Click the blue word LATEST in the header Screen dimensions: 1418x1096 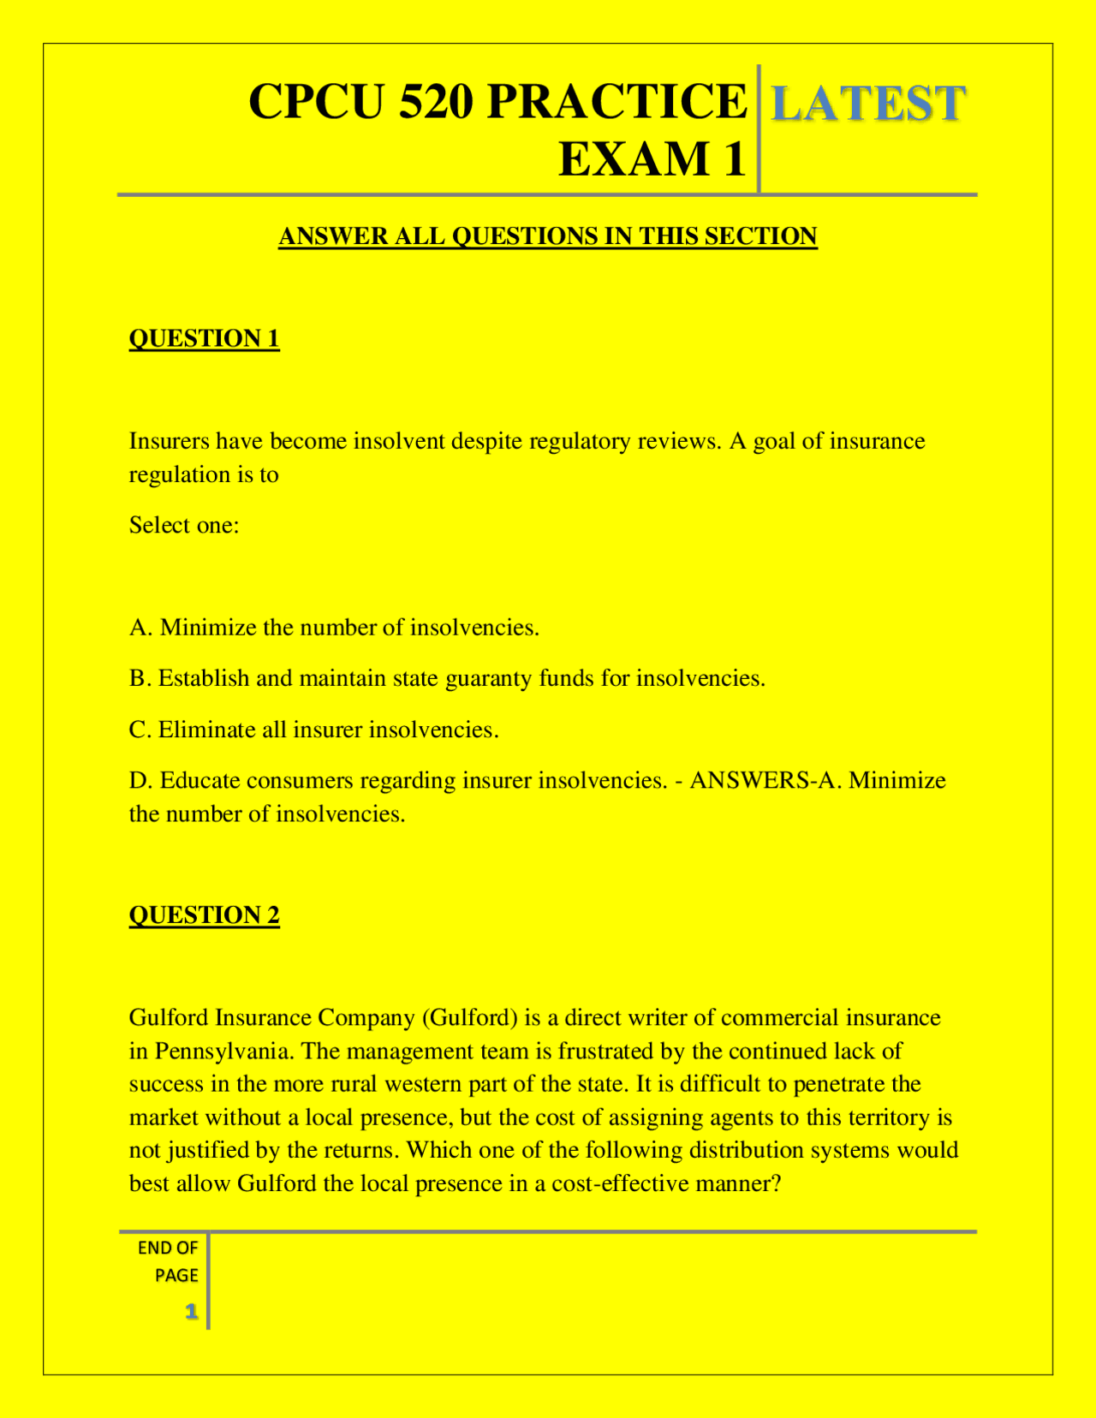[x=868, y=104]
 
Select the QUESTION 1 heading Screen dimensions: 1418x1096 [x=204, y=339]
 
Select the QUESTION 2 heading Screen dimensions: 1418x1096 [x=204, y=915]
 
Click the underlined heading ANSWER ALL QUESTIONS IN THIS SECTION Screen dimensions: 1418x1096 [x=548, y=236]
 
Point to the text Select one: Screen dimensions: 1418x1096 [x=184, y=525]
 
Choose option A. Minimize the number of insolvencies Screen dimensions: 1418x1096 [x=334, y=628]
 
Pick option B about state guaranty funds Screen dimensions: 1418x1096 [x=447, y=678]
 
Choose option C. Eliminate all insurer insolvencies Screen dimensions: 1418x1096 [x=313, y=730]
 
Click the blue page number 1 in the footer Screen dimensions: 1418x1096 [x=192, y=1311]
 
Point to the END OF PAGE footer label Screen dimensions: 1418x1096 [x=169, y=1261]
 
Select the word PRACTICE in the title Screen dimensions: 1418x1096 [x=616, y=102]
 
